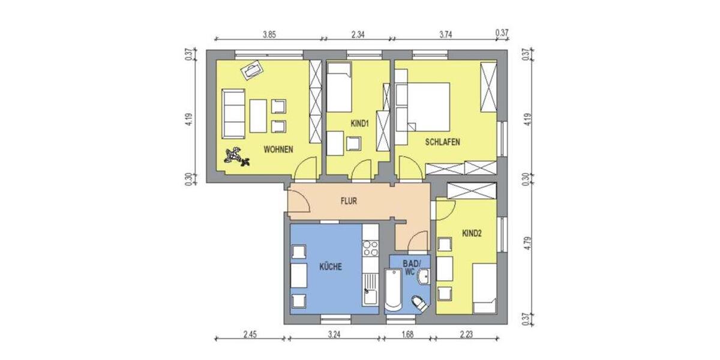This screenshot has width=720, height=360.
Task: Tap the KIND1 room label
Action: point(359,124)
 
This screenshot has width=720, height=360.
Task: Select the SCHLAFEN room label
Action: point(442,142)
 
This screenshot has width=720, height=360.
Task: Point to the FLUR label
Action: point(349,202)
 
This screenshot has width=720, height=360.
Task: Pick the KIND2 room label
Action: point(472,233)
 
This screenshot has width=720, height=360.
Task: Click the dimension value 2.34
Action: point(358,35)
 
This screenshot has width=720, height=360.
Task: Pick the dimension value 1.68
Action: point(409,335)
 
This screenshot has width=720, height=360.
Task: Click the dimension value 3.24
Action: point(335,335)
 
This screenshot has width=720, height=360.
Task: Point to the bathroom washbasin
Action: point(424,277)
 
